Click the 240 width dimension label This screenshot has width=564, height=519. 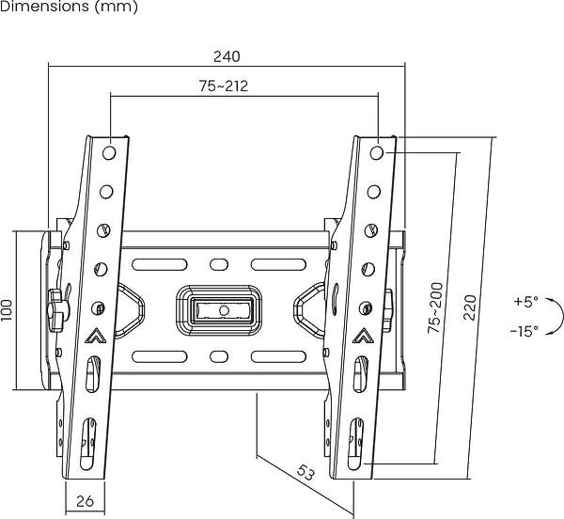click(227, 56)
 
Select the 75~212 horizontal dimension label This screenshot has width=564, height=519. click(223, 86)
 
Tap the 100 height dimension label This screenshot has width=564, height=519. click(8, 310)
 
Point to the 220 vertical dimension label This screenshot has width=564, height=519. click(470, 307)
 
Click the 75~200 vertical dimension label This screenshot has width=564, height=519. click(434, 307)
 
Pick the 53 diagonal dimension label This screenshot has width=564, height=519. click(304, 471)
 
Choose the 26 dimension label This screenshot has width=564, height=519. click(85, 501)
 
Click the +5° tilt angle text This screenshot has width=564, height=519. click(525, 303)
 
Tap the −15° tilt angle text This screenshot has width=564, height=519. click(524, 331)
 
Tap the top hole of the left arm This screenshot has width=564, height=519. click(110, 151)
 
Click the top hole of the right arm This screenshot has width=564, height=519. click(377, 151)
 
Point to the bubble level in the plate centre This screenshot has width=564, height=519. click(223, 309)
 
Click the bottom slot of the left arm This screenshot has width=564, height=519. click(86, 442)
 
